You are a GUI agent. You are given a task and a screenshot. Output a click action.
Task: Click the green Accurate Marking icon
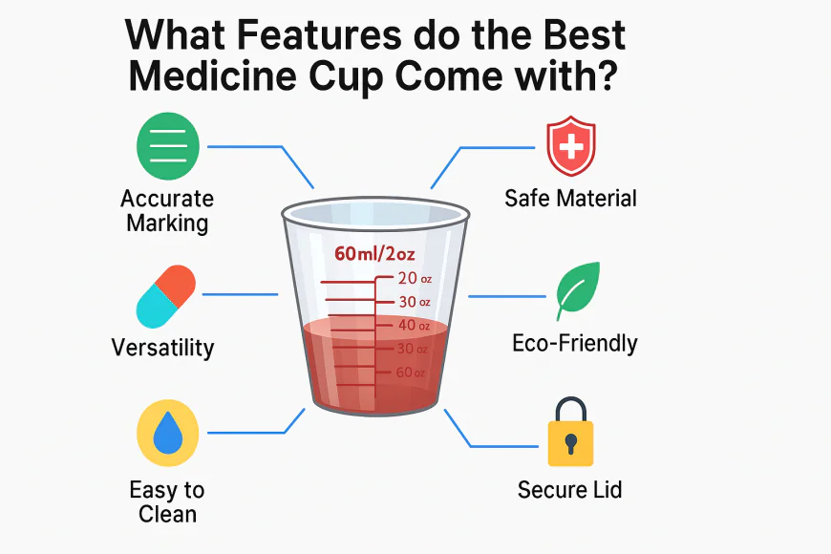coord(168,146)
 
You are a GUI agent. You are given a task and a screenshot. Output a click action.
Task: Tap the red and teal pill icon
coord(166,296)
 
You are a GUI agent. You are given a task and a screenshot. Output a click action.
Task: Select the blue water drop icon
coord(168,432)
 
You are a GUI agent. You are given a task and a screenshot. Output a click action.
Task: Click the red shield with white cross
coord(569,146)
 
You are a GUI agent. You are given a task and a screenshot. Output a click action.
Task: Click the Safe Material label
coord(570,199)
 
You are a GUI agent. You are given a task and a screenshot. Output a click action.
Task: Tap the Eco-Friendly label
coord(575,343)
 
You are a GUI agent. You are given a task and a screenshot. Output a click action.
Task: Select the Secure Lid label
coord(569,490)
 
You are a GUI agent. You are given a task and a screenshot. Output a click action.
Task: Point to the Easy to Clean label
coord(167,501)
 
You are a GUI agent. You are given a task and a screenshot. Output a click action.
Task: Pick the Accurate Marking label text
coord(167,211)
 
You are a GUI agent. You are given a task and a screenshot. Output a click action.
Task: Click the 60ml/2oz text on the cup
coord(375,254)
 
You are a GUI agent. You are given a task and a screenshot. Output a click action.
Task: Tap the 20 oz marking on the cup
coord(413,279)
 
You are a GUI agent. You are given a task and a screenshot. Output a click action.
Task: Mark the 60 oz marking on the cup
coord(412,372)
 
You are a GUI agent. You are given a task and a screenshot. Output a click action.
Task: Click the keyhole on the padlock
coord(570,444)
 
